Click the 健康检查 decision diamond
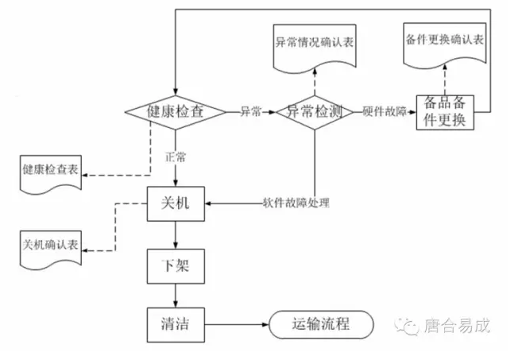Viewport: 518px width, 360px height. [x=176, y=112]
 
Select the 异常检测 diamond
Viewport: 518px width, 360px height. [x=314, y=112]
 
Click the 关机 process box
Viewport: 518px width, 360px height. [x=176, y=204]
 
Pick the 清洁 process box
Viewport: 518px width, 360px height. [x=176, y=323]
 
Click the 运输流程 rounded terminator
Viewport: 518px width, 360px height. [x=321, y=323]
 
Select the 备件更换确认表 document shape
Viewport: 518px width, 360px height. [x=444, y=41]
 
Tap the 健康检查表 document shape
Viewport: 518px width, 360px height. [x=51, y=172]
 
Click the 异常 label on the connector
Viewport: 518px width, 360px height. [x=251, y=112]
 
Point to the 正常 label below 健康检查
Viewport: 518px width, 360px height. [x=176, y=157]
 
